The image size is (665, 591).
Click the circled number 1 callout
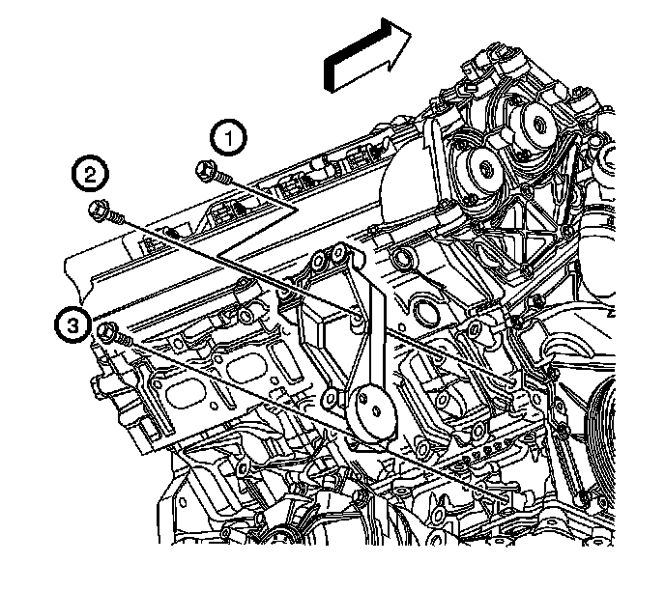(228, 138)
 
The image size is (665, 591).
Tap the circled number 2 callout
(90, 174)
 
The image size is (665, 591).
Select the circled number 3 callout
(72, 325)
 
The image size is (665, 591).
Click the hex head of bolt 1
(204, 169)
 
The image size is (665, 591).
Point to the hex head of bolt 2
(99, 209)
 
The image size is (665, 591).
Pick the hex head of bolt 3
(106, 331)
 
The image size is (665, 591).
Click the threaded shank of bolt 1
(222, 179)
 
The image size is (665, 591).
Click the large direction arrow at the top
(367, 54)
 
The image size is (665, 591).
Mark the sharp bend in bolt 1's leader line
(297, 210)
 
